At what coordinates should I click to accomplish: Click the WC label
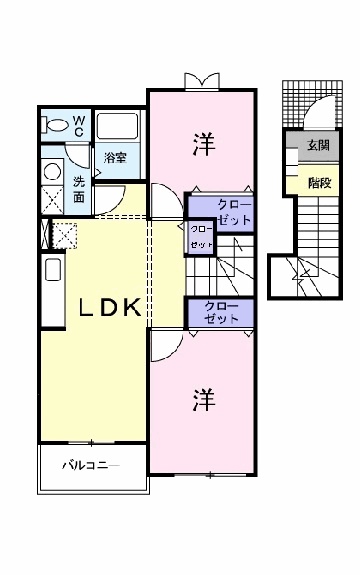pos(81,124)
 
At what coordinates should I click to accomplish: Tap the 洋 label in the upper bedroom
pos(203,142)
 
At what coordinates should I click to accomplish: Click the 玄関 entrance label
pos(319,146)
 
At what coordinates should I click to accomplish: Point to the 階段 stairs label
pos(319,182)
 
